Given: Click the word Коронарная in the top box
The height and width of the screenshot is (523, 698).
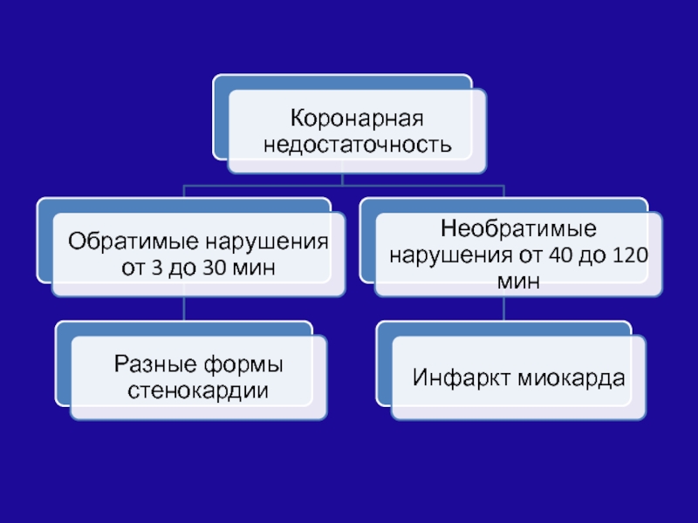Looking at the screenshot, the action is click(357, 119).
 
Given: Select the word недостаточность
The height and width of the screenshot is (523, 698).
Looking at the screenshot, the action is click(358, 145).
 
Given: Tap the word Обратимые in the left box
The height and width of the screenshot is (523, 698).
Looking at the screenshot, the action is click(133, 241).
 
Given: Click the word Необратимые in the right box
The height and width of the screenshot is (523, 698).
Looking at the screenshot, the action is click(518, 228).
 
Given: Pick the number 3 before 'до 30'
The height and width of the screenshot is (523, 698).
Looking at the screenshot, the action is click(157, 268).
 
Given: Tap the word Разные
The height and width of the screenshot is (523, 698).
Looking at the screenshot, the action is click(155, 364).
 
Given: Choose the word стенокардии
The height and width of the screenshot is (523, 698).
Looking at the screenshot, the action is click(198, 391).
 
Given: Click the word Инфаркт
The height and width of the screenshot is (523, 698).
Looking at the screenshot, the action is click(462, 378).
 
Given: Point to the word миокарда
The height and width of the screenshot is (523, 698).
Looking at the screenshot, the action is click(571, 378).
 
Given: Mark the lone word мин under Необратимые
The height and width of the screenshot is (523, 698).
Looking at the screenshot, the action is click(518, 281).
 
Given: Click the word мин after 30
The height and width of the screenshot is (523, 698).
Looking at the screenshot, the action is click(255, 268).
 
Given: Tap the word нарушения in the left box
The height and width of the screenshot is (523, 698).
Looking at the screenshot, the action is click(267, 242).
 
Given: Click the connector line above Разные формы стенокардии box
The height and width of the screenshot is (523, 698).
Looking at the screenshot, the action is click(184, 309).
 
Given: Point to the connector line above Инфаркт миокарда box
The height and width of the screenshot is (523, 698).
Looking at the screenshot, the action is click(504, 309).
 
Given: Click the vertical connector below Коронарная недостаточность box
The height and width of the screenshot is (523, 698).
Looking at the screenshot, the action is click(342, 179).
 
